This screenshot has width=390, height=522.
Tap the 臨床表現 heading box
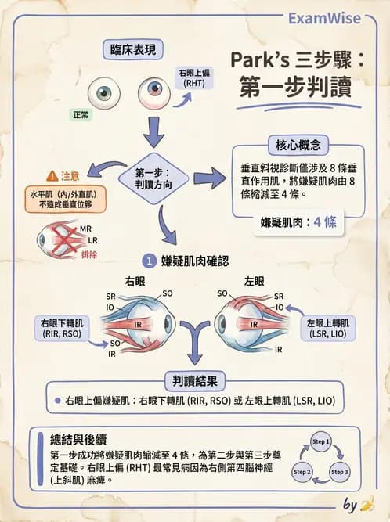tap(132, 51)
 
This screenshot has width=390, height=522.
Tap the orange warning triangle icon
tap(52, 176)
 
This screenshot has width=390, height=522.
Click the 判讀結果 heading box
tap(195, 381)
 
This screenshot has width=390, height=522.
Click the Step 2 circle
tap(302, 472)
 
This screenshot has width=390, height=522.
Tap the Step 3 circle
tap(340, 472)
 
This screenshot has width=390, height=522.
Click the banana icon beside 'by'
tap(367, 502)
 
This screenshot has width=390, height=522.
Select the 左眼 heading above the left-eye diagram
tap(254, 281)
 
